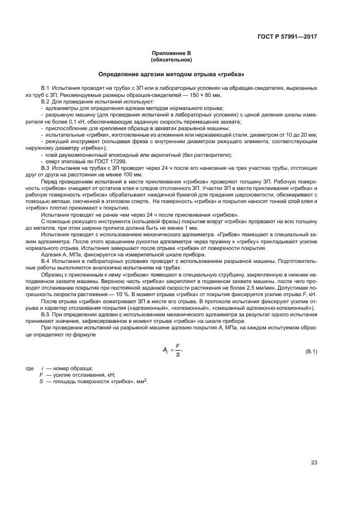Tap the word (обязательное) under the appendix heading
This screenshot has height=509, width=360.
(x=170, y=60)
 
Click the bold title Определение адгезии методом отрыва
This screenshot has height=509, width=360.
(x=170, y=73)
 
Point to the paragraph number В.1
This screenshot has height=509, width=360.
(x=46, y=88)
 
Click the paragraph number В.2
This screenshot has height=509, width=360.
(x=46, y=102)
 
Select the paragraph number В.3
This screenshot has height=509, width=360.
(x=46, y=168)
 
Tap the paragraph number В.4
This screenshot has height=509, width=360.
(x=46, y=261)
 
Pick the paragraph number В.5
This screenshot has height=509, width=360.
(x=46, y=314)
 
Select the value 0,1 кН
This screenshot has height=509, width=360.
(x=60, y=122)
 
